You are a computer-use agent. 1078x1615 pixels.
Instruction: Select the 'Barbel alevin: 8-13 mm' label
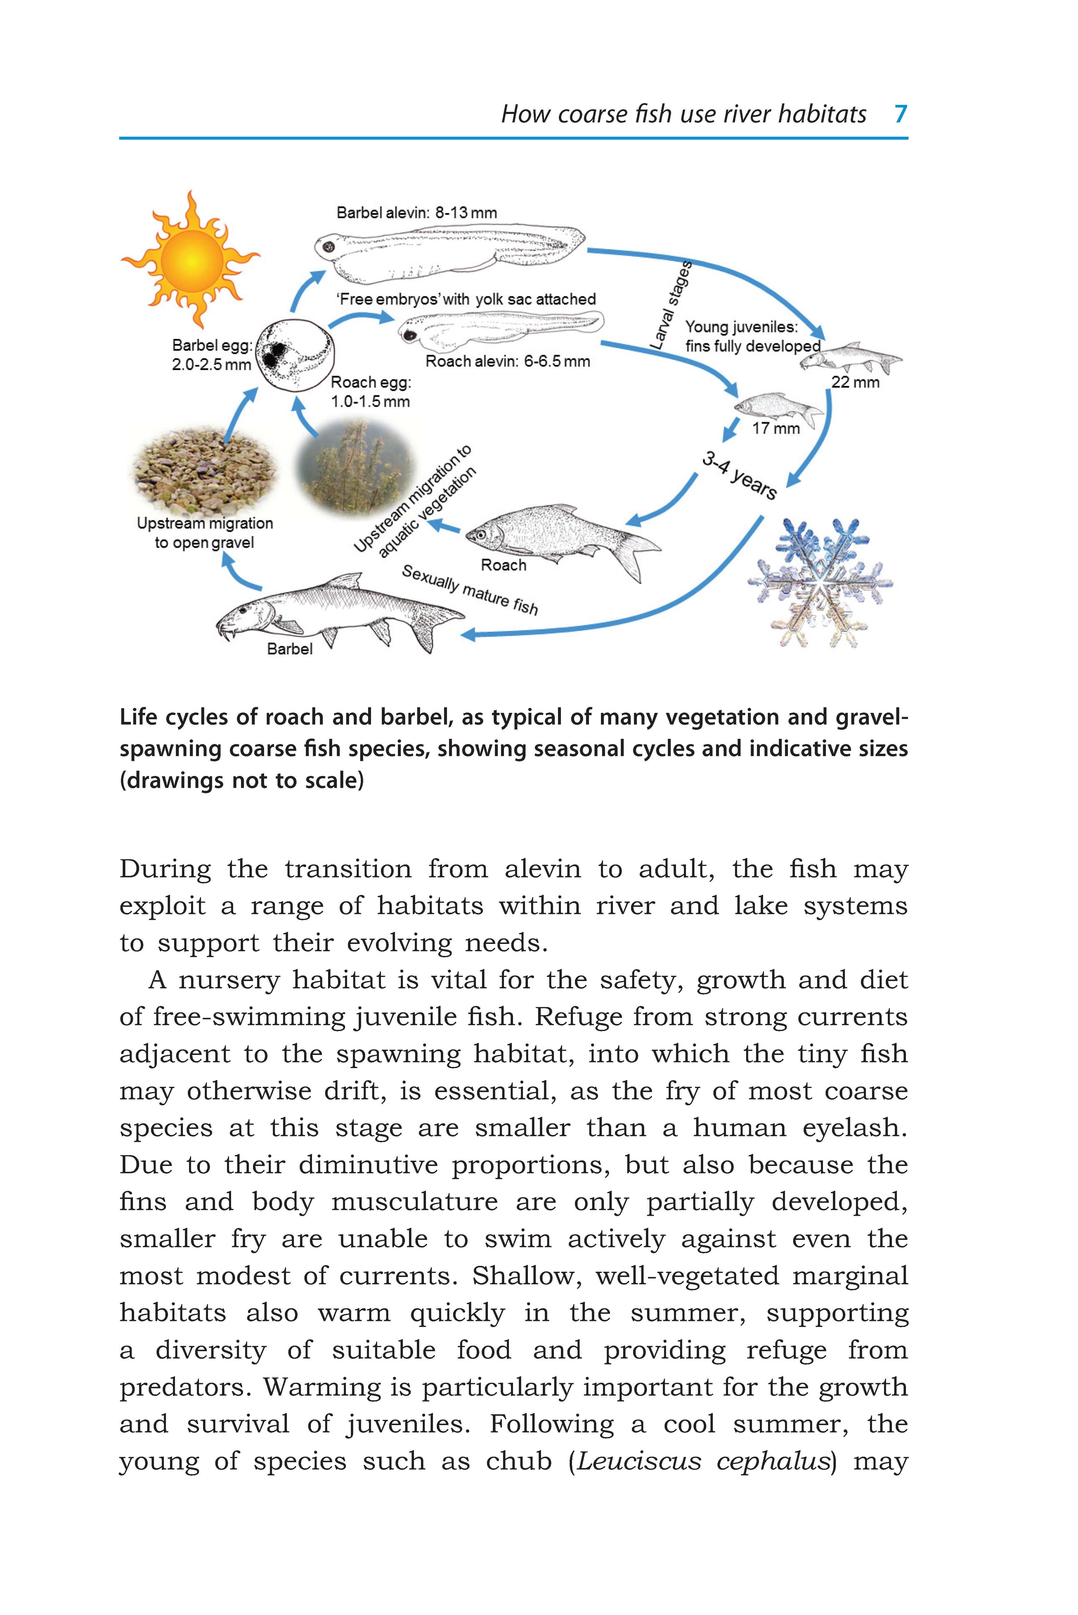click(417, 212)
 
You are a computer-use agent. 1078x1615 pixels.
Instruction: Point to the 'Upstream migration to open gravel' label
click(204, 533)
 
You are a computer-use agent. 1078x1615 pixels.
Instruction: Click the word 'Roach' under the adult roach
click(503, 565)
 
